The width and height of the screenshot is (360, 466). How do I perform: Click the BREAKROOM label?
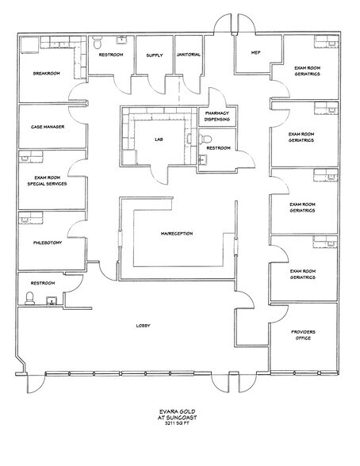pos(46,72)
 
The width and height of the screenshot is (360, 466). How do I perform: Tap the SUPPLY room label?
pos(154,55)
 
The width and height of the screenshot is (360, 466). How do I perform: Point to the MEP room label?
pos(255,53)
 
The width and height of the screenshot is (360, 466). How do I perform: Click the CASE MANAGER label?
pos(48,126)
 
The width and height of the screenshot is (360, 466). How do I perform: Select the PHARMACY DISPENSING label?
pos(216,116)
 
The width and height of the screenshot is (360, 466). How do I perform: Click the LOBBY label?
pos(143,326)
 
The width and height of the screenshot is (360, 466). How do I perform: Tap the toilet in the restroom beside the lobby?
pos(30,298)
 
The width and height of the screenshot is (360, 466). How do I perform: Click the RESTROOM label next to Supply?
pos(111,55)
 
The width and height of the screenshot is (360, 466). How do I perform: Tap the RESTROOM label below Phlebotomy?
pos(42,282)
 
